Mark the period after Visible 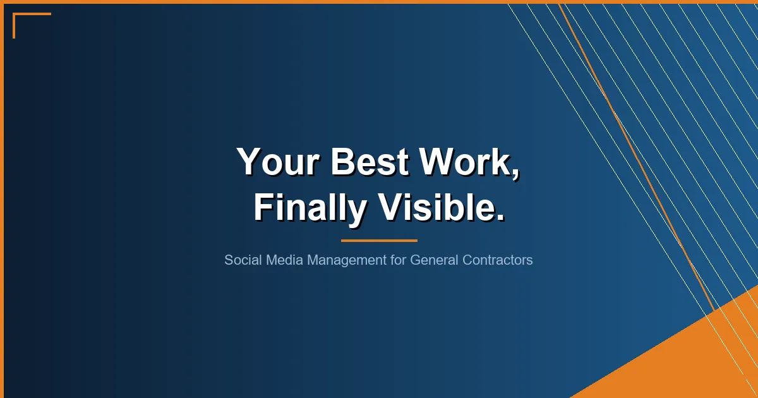coord(500,218)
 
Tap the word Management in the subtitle coord(346,260)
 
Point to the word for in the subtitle coord(398,260)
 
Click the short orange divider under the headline coord(379,240)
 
